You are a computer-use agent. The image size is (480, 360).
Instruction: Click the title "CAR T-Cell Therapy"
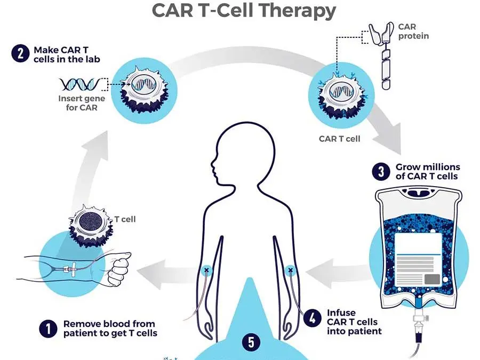[244, 10]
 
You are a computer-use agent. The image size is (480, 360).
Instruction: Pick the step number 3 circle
[380, 172]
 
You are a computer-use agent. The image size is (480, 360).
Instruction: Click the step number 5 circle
[251, 342]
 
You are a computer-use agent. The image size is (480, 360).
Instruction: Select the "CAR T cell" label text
[339, 139]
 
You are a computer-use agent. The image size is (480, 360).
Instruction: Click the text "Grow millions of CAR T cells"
[427, 172]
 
